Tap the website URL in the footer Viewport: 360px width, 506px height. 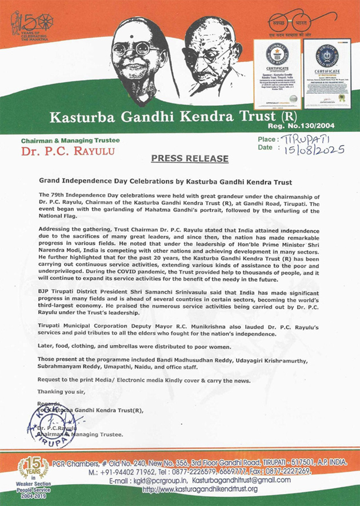click(x=199, y=489)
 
